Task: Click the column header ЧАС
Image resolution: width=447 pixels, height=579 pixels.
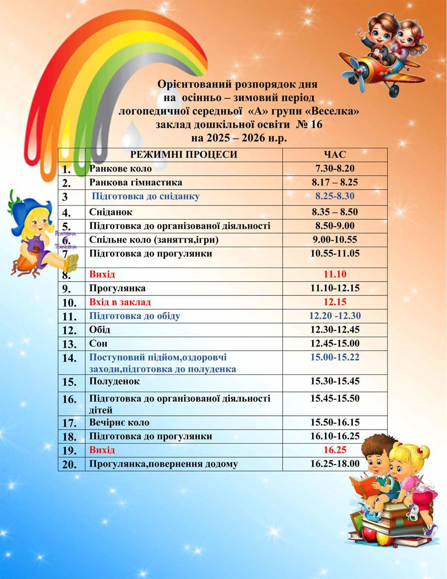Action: (335, 155)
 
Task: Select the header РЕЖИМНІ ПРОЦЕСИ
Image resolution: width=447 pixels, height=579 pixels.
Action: (184, 155)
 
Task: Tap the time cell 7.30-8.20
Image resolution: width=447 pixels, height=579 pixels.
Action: (335, 168)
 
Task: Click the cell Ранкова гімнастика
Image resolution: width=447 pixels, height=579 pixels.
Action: (136, 183)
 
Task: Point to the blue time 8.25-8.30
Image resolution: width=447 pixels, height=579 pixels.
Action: (335, 196)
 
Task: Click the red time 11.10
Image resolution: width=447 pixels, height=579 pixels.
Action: (335, 275)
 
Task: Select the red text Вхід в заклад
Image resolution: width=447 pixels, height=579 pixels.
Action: (120, 302)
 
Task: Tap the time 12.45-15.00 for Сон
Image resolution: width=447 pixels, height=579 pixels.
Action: (335, 344)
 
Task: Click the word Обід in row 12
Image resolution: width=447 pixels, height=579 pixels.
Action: (99, 330)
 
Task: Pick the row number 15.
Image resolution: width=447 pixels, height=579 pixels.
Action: (69, 382)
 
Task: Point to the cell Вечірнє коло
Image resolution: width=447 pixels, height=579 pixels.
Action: (119, 423)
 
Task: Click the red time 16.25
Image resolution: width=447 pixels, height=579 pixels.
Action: (335, 450)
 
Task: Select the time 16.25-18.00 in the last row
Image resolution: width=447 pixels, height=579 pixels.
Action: (335, 464)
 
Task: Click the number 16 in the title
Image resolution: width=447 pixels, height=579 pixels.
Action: (316, 124)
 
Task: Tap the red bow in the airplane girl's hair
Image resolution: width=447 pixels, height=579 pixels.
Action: (420, 36)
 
